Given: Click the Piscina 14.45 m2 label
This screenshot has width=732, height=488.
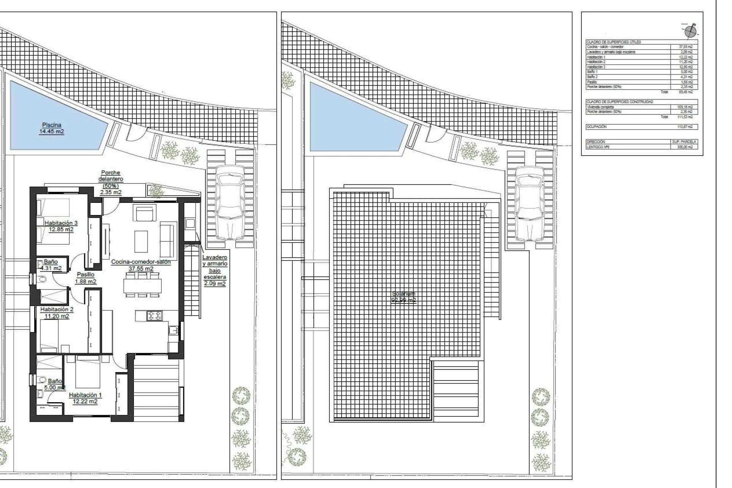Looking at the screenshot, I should pyautogui.click(x=52, y=128).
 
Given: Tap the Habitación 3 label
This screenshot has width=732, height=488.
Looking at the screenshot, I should pyautogui.click(x=61, y=226).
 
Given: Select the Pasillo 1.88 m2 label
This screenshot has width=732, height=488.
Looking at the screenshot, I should pyautogui.click(x=85, y=278).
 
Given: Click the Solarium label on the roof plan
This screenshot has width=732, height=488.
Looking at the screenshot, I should pyautogui.click(x=404, y=297).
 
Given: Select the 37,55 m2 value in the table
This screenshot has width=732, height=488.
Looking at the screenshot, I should pyautogui.click(x=685, y=47).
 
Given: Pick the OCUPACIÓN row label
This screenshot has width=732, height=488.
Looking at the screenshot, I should pyautogui.click(x=596, y=127).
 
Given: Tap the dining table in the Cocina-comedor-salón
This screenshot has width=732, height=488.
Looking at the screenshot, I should pyautogui.click(x=143, y=285).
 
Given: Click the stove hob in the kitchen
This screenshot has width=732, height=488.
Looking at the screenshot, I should pyautogui.click(x=154, y=315).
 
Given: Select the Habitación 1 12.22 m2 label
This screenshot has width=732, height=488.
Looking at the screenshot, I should pyautogui.click(x=83, y=398).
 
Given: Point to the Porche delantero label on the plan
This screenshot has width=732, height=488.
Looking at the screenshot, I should pyautogui.click(x=111, y=182).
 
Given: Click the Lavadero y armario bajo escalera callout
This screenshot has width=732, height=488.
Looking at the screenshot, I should pyautogui.click(x=215, y=270).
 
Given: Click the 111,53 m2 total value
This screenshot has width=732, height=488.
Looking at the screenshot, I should pyautogui.click(x=685, y=117).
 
